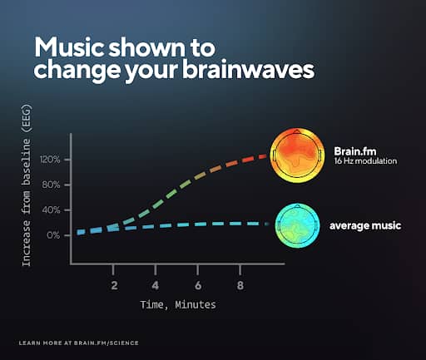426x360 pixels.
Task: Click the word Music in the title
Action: pyautogui.click(x=69, y=47)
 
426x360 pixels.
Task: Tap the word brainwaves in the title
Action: pyautogui.click(x=248, y=69)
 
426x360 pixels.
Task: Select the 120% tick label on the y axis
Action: pyautogui.click(x=50, y=160)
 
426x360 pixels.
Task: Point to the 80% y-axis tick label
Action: pyautogui.click(x=51, y=185)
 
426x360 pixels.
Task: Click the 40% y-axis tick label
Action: pyautogui.click(x=51, y=210)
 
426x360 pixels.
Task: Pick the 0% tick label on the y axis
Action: pyautogui.click(x=53, y=235)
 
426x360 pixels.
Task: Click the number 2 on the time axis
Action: pyautogui.click(x=114, y=285)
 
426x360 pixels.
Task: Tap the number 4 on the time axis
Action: pyautogui.click(x=156, y=285)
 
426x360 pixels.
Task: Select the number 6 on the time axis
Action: pyautogui.click(x=198, y=285)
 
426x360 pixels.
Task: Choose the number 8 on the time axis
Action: pyautogui.click(x=240, y=285)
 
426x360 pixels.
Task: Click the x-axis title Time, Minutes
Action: pyautogui.click(x=178, y=305)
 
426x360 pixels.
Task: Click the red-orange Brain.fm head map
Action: pyautogui.click(x=297, y=155)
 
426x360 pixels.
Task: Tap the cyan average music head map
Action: pyautogui.click(x=297, y=225)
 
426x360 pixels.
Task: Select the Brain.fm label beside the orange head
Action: pyautogui.click(x=355, y=151)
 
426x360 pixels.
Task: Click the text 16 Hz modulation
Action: pyautogui.click(x=365, y=161)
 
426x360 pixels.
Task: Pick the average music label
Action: pyautogui.click(x=365, y=225)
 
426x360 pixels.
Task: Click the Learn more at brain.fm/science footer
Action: pyautogui.click(x=79, y=343)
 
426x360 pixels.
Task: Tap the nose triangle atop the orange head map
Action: pyautogui.click(x=297, y=131)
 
